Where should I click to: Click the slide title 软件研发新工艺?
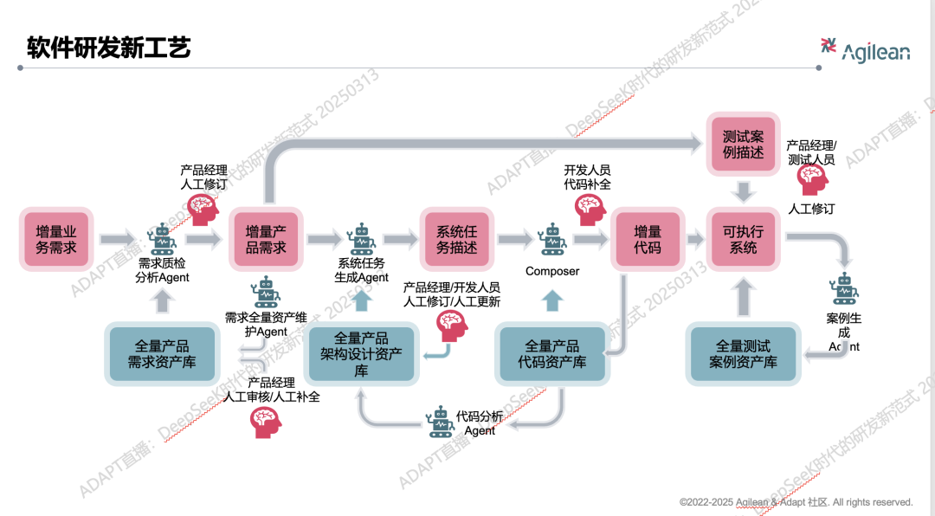click(x=108, y=47)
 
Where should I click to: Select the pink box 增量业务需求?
click(x=56, y=240)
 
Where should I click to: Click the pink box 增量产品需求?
click(x=265, y=240)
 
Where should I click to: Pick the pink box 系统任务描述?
click(x=456, y=240)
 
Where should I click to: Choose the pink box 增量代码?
click(x=648, y=240)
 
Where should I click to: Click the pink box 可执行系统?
click(x=743, y=240)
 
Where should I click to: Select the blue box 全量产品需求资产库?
click(x=161, y=353)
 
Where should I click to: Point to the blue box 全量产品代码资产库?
click(x=551, y=353)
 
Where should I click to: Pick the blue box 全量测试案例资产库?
click(x=743, y=353)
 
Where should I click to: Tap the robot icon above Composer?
click(x=551, y=239)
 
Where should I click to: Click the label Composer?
click(x=552, y=271)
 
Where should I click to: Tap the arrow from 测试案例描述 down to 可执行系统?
click(x=743, y=190)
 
